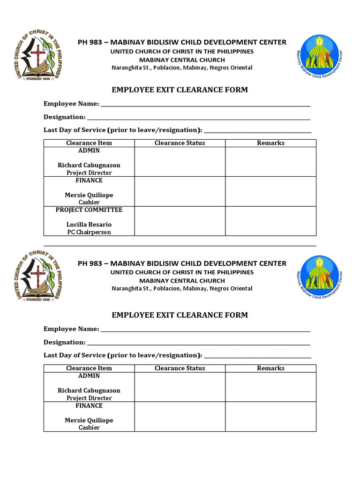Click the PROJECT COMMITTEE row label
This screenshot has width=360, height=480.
point(89,210)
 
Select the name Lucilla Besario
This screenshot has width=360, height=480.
point(89,225)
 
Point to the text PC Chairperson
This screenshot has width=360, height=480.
point(89,232)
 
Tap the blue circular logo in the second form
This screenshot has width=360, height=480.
point(319,279)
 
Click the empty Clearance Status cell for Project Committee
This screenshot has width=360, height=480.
point(180,221)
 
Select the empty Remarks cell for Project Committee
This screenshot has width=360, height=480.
point(270,221)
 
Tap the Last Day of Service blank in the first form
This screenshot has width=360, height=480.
point(258,130)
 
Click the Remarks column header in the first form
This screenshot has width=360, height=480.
point(270,143)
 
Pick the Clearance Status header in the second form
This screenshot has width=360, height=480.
point(180,368)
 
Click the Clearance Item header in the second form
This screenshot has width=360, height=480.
point(89,368)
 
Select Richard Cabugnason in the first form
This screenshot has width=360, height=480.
point(89,165)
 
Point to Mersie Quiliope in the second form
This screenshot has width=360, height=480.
point(89,420)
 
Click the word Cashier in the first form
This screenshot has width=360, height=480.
point(89,202)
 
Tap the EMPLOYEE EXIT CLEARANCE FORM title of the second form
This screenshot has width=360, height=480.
point(180,315)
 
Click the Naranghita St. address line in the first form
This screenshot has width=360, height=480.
point(182,67)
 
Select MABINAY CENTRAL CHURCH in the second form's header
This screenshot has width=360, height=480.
point(182,280)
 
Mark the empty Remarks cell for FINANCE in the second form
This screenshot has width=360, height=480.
point(270,417)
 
